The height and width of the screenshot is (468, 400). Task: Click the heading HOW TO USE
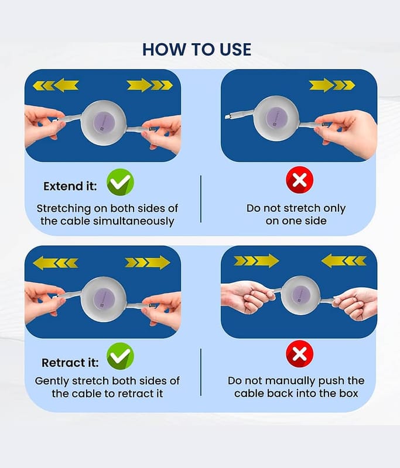tap(197, 50)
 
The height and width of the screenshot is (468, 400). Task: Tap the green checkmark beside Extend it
tap(121, 182)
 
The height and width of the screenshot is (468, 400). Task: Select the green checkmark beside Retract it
tap(121, 356)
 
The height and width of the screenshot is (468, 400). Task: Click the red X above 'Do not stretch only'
tap(300, 180)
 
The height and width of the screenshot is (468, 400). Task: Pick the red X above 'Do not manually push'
tap(300, 354)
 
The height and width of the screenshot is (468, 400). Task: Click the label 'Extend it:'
tap(70, 186)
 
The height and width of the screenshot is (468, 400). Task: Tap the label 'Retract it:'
tap(70, 363)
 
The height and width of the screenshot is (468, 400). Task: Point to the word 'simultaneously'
tap(134, 221)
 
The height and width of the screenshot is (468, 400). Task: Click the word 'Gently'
tap(52, 381)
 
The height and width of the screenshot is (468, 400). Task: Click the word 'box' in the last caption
tap(348, 393)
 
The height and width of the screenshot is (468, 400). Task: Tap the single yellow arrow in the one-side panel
tap(332, 85)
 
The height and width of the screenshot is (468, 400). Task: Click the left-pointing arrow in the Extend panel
tap(56, 85)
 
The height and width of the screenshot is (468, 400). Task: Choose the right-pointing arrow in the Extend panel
tap(150, 85)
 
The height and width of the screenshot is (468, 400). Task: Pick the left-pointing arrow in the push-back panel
tap(344, 260)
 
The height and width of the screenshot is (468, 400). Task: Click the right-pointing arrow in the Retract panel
tap(148, 263)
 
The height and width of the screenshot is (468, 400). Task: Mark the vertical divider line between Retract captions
tap(201, 372)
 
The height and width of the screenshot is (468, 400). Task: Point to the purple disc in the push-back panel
tap(300, 295)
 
